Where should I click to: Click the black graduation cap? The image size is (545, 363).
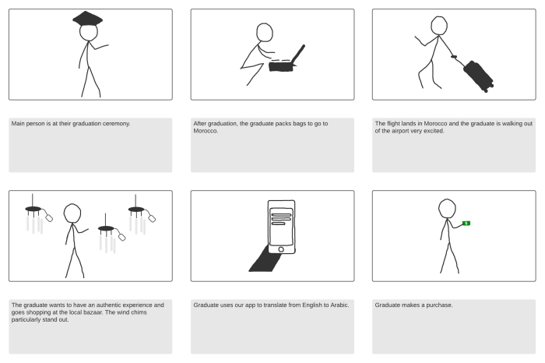(88, 19)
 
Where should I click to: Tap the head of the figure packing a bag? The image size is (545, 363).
(265, 32)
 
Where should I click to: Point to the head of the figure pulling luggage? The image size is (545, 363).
(440, 26)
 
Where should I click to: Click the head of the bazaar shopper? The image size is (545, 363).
(72, 213)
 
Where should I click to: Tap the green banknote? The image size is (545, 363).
(466, 224)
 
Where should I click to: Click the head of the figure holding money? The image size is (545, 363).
(447, 209)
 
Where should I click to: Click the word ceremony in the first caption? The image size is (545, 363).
(115, 123)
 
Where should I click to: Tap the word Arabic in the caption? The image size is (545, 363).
(339, 305)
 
